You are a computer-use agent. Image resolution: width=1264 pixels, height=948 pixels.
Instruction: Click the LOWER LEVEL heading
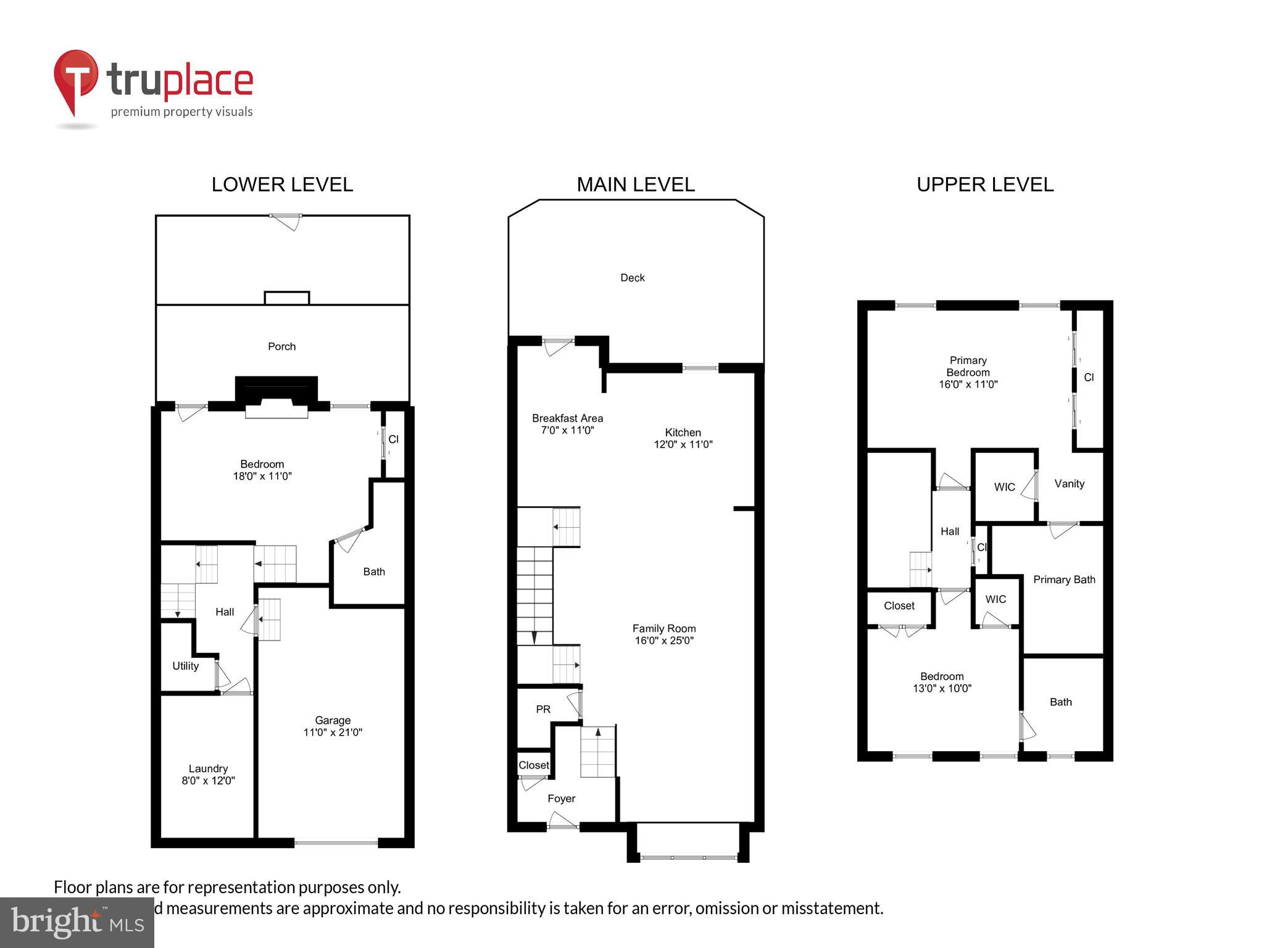pos(282,185)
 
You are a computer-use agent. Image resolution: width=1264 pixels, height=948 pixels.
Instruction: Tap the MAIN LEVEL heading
pos(635,185)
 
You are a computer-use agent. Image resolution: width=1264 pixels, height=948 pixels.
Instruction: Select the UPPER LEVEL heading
pos(984,185)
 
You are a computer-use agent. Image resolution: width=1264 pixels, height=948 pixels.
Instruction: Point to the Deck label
pos(632,278)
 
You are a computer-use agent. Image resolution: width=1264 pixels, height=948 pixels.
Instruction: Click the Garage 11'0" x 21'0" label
pos(333,726)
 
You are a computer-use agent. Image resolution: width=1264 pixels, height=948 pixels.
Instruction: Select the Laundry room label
pos(208,774)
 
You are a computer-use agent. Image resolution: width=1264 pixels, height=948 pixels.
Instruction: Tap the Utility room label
pos(185,666)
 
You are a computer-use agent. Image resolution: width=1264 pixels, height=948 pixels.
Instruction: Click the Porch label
pos(281,346)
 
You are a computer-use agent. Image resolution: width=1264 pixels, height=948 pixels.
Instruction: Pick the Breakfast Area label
pos(567,424)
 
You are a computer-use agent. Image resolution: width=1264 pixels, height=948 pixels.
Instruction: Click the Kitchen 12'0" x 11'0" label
pos(683,438)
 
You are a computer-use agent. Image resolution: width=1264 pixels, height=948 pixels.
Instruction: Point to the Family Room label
pos(664,634)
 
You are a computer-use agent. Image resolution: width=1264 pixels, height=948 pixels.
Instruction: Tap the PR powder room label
pos(543,710)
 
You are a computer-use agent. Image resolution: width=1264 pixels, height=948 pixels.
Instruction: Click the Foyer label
pos(561,799)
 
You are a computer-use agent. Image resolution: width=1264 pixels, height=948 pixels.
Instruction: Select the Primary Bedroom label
pos(968,372)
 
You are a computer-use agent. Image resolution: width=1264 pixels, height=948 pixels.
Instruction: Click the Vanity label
pos(1069,484)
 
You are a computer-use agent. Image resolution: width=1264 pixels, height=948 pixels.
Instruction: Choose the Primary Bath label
pos(1064,580)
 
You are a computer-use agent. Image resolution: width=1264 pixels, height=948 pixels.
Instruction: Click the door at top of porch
pos(286,221)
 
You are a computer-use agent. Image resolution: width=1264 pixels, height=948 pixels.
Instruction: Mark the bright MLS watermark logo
pos(77,922)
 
